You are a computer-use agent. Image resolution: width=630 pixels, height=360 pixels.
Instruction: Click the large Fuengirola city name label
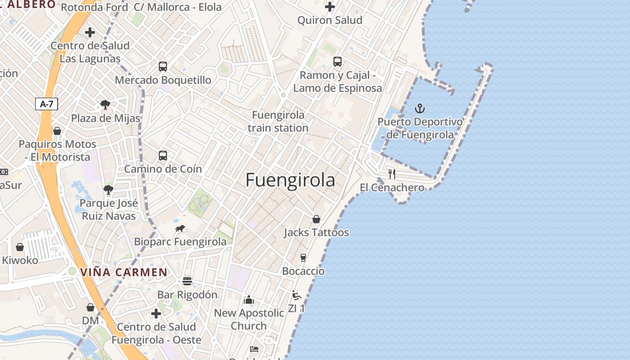click(290, 180)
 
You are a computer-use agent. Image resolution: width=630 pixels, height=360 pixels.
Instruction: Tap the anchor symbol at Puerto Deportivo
click(419, 108)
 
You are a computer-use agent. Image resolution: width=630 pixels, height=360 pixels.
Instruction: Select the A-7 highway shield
click(47, 104)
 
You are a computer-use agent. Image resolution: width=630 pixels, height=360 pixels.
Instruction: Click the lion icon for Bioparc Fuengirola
click(180, 229)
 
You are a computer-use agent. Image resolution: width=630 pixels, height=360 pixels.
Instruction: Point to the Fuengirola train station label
click(278, 121)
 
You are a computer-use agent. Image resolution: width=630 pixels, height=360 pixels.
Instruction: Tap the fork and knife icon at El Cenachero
click(392, 174)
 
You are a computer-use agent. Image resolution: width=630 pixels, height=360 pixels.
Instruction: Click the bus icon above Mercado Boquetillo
click(163, 67)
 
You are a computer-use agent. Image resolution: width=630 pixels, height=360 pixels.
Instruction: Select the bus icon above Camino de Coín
click(163, 156)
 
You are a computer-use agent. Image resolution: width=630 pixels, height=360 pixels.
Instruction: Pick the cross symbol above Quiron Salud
click(330, 7)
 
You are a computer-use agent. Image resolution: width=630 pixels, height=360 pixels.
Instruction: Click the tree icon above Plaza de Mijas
click(105, 105)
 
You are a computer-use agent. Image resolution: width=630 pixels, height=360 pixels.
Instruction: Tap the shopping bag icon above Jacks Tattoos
click(316, 219)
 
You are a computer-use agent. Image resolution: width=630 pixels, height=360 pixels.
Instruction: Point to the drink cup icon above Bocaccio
click(303, 258)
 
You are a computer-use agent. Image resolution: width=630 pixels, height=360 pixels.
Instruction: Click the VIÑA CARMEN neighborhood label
click(124, 272)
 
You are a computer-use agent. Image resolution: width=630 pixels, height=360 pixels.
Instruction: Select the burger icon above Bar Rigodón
click(187, 281)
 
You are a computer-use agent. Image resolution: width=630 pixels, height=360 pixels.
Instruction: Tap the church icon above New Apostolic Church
click(249, 300)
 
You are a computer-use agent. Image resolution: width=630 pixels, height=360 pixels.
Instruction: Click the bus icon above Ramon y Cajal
click(337, 62)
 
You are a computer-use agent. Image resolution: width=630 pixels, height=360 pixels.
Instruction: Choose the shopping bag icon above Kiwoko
click(20, 247)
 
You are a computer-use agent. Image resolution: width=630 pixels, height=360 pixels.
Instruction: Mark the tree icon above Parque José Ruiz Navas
click(108, 189)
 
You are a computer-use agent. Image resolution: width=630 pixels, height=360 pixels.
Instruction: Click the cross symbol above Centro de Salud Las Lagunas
click(90, 32)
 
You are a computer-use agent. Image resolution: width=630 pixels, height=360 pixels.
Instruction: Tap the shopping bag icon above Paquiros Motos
click(57, 131)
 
